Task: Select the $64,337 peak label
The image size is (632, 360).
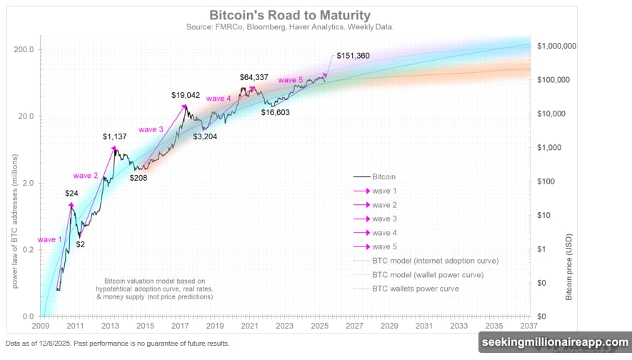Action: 255,76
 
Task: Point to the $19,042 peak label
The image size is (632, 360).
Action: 187,94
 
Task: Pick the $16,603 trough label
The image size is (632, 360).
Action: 277,112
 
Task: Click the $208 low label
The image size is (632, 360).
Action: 139,177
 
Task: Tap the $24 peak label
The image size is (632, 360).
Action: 72,192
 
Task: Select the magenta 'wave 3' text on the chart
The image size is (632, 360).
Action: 151,129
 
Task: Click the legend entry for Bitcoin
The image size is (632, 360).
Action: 383,176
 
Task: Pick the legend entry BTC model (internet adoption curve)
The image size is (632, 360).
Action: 435,261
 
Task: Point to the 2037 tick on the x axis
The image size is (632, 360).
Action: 529,325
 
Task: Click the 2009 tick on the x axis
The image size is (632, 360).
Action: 41,325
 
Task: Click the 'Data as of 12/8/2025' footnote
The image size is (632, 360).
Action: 117,344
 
